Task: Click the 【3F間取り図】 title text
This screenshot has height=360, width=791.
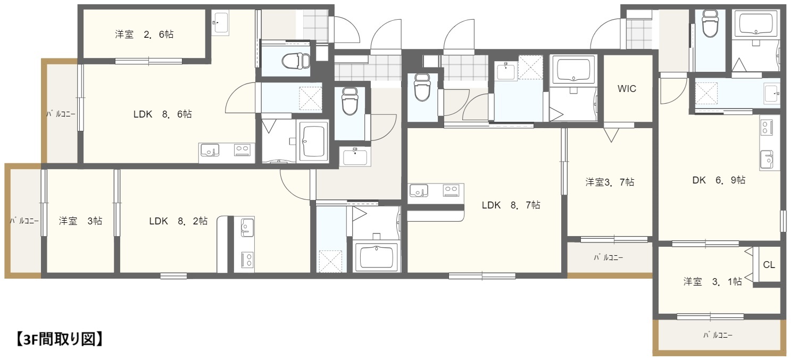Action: click(56, 339)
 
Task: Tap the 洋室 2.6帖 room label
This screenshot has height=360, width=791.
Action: click(144, 35)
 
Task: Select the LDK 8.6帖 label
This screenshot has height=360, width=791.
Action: click(162, 114)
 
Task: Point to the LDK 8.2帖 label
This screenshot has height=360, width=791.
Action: click(178, 221)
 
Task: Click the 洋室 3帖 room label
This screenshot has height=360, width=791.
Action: click(80, 221)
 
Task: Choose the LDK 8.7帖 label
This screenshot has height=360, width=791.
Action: click(511, 205)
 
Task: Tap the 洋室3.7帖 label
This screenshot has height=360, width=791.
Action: click(610, 182)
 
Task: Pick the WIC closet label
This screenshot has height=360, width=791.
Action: click(627, 89)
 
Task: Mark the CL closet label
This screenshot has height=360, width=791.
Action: click(769, 265)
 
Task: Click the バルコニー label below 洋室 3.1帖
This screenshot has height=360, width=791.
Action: click(718, 335)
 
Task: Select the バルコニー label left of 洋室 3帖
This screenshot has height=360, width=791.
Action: click(24, 221)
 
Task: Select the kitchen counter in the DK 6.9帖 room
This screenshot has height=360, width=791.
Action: click(767, 144)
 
